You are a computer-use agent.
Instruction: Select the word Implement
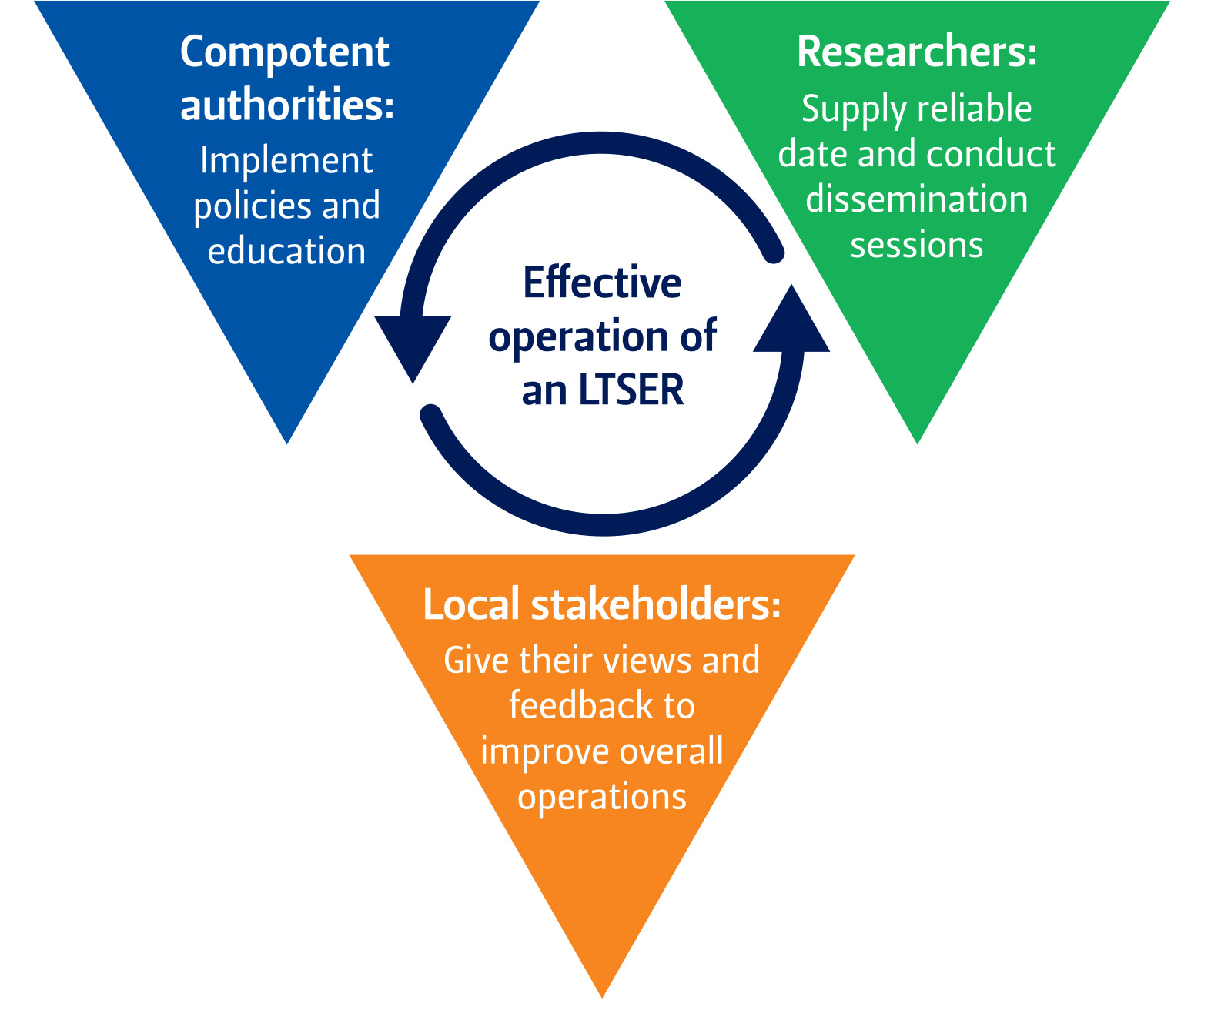click(286, 162)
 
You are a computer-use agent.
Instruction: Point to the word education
click(286, 252)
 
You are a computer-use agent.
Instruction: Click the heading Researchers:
click(917, 52)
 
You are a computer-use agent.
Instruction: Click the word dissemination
click(916, 199)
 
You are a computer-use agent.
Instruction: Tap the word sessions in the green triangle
click(916, 245)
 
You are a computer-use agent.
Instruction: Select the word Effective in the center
click(602, 283)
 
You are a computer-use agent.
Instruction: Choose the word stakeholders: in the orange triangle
click(656, 604)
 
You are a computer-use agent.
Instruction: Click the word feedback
click(574, 705)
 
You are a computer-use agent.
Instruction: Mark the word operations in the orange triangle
click(602, 796)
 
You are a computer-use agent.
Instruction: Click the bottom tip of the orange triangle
click(602, 993)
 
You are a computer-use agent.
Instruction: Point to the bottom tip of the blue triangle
click(287, 440)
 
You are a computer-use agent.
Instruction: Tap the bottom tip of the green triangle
click(917, 440)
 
